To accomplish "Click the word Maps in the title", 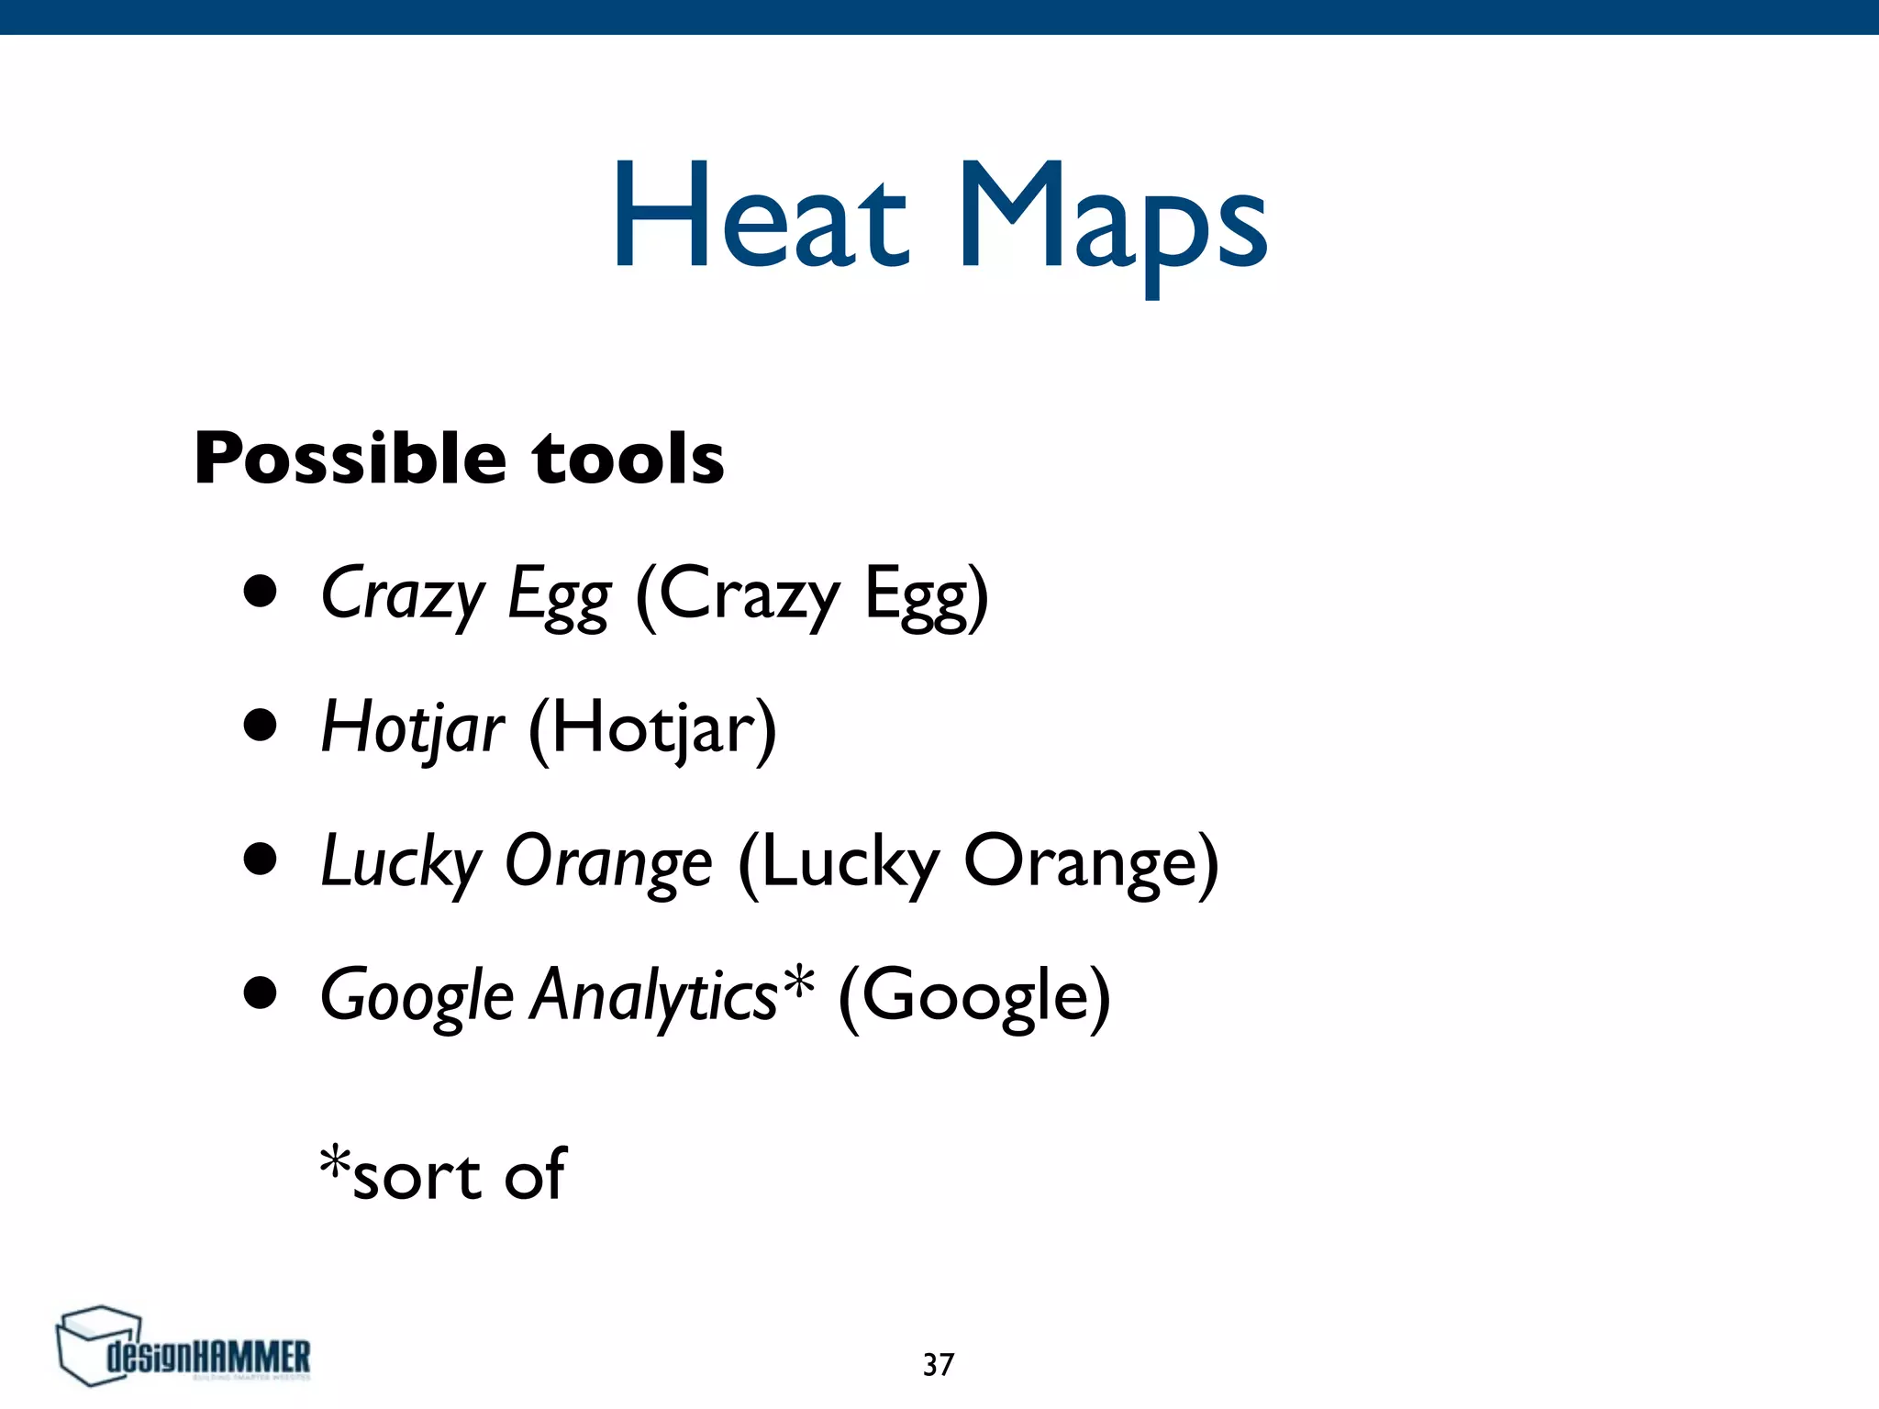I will [x=1112, y=220].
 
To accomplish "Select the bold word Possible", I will [x=350, y=459].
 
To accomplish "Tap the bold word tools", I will [x=628, y=459].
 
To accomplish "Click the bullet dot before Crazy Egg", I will [x=261, y=592].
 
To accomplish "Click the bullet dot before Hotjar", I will [x=261, y=726].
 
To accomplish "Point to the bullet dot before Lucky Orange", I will [x=261, y=860].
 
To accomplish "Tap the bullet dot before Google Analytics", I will [x=261, y=993].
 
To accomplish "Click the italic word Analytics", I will [x=654, y=996].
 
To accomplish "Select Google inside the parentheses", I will [x=974, y=998].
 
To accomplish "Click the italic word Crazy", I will [x=402, y=594].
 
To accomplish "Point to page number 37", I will [x=939, y=1365].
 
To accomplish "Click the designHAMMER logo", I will [x=183, y=1348].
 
